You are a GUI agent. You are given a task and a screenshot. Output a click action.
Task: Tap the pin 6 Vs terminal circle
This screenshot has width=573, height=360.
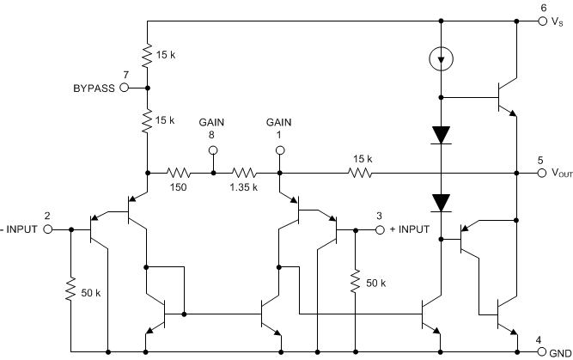(x=543, y=21)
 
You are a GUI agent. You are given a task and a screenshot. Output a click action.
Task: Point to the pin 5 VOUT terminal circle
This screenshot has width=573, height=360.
(x=543, y=173)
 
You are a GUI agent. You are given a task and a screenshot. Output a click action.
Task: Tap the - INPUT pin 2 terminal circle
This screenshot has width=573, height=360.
(x=49, y=229)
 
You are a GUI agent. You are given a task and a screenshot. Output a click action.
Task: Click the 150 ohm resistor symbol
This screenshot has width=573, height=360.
(x=180, y=173)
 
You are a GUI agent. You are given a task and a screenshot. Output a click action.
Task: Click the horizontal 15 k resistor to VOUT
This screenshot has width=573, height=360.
(x=362, y=173)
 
